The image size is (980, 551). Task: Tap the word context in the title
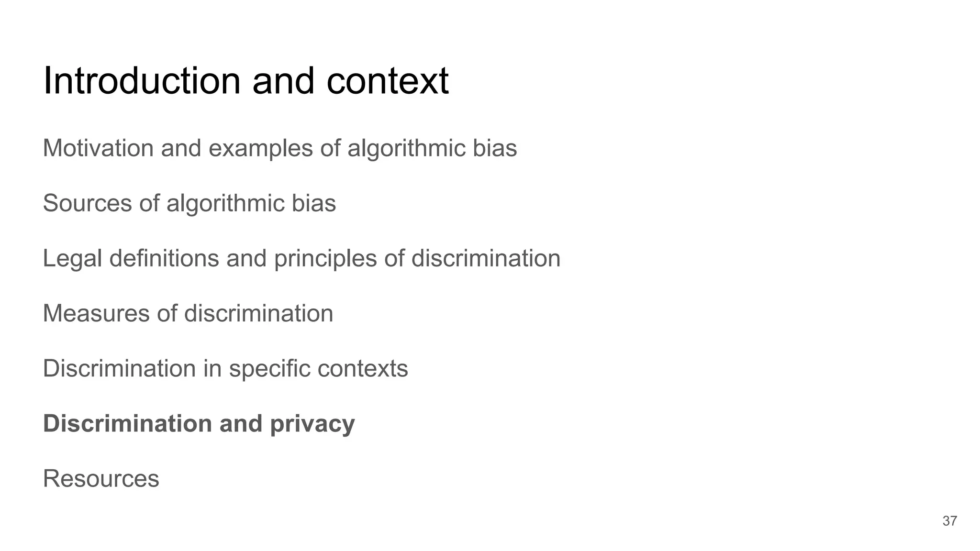pos(387,81)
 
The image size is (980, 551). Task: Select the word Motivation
pos(98,148)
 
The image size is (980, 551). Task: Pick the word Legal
pos(72,259)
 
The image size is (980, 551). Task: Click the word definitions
pos(164,258)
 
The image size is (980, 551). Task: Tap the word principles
pos(326,259)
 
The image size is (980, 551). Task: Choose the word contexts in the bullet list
pos(362,369)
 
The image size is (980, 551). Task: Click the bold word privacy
pos(312,424)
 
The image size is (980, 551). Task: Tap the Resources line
pos(101,478)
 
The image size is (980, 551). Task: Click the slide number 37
pos(949,521)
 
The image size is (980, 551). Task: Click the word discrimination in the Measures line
pos(258,313)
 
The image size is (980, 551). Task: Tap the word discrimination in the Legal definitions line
pos(486,258)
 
